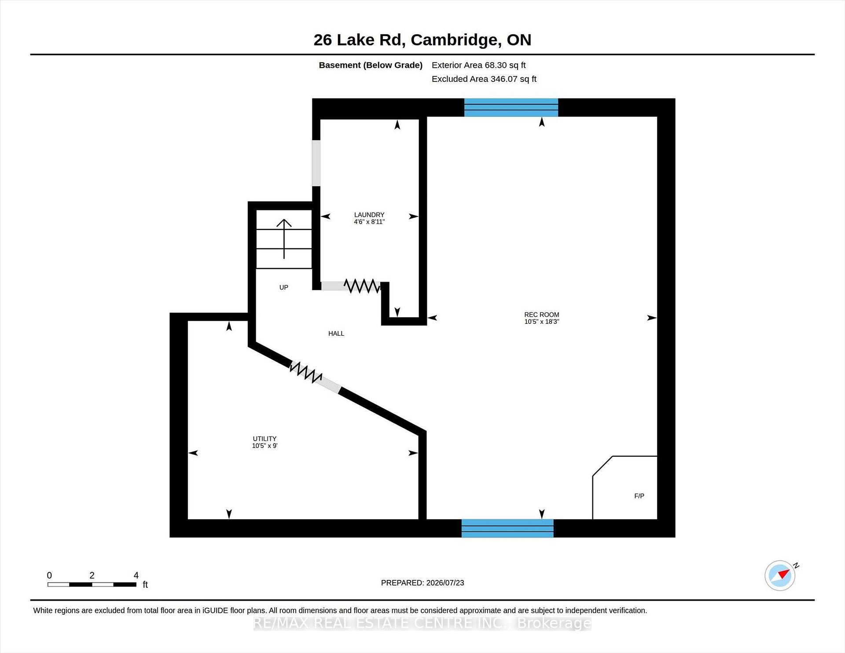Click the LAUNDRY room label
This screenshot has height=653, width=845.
coord(369,215)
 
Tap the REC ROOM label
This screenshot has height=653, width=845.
coord(541,315)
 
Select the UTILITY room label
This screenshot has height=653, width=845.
coord(265,439)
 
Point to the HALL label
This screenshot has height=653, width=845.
coord(336,334)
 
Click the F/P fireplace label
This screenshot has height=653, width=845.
coord(639,496)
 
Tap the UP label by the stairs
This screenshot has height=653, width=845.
coord(284,287)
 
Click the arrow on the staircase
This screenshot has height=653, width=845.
coord(284,239)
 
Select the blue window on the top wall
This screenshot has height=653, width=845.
coord(511,107)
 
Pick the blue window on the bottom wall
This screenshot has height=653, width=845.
coord(507,528)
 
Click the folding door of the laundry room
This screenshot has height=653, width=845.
coord(361,286)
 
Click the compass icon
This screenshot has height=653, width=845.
coord(780,575)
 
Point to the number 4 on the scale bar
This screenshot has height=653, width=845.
coord(136,575)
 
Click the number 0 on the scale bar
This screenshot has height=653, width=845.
coord(49,575)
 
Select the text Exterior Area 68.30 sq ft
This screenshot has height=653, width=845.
coord(479,65)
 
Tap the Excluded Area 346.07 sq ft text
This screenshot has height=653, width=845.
coord(484,79)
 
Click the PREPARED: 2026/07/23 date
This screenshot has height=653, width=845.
coord(422,583)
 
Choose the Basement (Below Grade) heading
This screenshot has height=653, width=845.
coord(371,65)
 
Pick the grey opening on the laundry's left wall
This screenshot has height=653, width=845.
coord(316,163)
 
